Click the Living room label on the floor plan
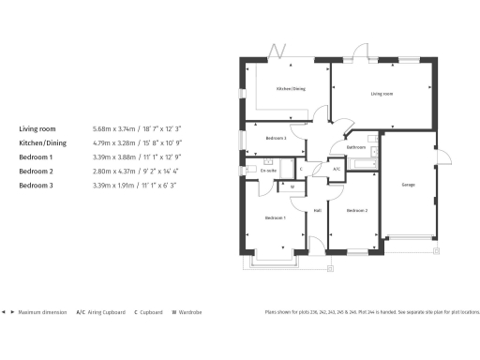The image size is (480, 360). pyautogui.click(x=382, y=94)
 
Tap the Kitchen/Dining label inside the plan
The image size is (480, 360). pyautogui.click(x=290, y=89)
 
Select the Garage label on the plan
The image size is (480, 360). pyautogui.click(x=409, y=184)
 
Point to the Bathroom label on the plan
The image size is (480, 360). pyautogui.click(x=356, y=147)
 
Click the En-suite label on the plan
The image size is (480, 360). pyautogui.click(x=268, y=170)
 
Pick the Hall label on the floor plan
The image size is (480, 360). pyautogui.click(x=318, y=210)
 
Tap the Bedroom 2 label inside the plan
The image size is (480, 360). pyautogui.click(x=356, y=211)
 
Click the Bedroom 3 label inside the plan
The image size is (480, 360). pyautogui.click(x=276, y=139)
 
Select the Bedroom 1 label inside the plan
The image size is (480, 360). pyautogui.click(x=275, y=217)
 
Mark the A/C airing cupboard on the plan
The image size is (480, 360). pyautogui.click(x=337, y=169)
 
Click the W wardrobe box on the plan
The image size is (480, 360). pyautogui.click(x=292, y=187)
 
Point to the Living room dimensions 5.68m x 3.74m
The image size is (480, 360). pyautogui.click(x=136, y=128)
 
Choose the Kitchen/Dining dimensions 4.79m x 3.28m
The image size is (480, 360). pyautogui.click(x=136, y=142)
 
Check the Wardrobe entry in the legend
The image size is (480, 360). pyautogui.click(x=187, y=312)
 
